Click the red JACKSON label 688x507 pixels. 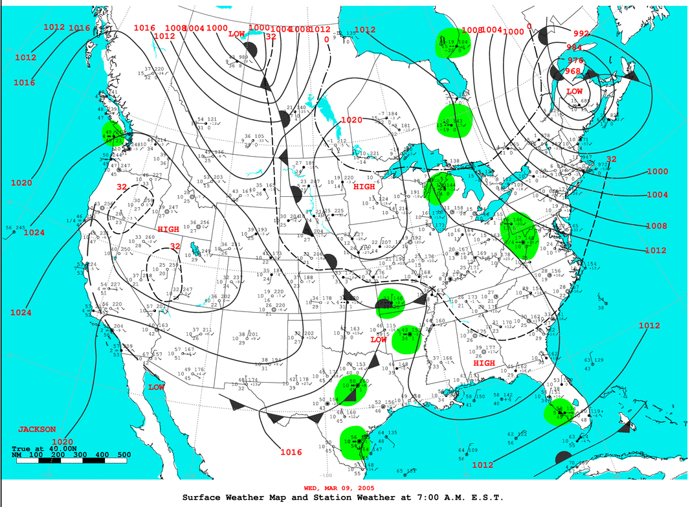[x=36, y=429]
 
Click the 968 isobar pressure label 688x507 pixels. [x=572, y=71]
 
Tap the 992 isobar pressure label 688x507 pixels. [x=581, y=34]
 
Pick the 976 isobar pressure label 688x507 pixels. [x=575, y=60]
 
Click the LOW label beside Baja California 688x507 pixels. [x=156, y=387]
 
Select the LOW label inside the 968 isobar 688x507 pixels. [x=575, y=92]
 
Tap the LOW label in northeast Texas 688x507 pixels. [x=379, y=340]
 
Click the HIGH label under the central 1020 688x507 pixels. [x=364, y=187]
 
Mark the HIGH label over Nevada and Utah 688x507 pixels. [x=168, y=230]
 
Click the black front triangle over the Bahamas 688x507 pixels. [x=625, y=427]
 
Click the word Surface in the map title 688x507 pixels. [x=205, y=497]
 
